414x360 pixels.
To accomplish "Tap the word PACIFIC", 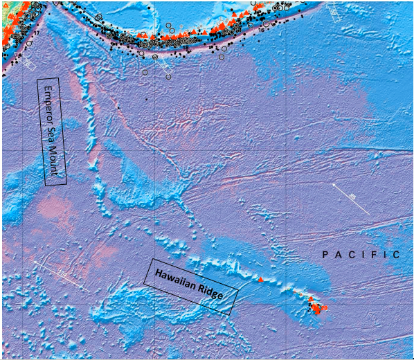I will (x=361, y=255).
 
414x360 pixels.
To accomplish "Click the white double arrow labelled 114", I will (x=61, y=276).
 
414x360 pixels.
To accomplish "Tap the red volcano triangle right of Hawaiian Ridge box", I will (x=260, y=280).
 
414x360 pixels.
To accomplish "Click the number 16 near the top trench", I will (x=262, y=30).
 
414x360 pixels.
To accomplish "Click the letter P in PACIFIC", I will (x=325, y=255).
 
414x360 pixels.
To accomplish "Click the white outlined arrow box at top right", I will (x=334, y=10).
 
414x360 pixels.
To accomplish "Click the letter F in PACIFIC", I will (x=369, y=255).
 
